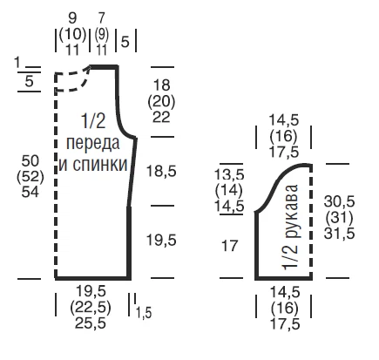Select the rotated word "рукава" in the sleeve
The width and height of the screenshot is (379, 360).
[290, 211]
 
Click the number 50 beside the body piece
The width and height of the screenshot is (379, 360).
[30, 160]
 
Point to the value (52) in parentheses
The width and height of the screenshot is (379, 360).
[30, 176]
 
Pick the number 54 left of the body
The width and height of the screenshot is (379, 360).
[30, 192]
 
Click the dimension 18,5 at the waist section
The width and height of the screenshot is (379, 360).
[161, 171]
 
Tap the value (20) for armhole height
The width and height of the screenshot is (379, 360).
[161, 102]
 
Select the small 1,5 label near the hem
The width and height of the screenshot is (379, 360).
[144, 313]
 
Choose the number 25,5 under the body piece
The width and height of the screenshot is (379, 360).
[91, 323]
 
